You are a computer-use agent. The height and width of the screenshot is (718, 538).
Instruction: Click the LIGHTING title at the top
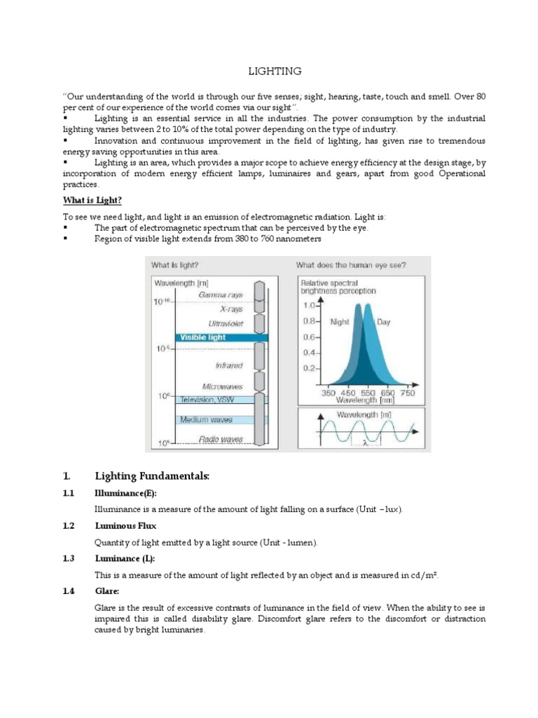point(275,72)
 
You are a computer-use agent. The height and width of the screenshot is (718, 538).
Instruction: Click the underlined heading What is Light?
point(90,200)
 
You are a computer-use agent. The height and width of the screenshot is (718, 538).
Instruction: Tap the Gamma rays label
point(221,295)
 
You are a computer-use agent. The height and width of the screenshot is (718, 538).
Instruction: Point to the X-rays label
point(231,309)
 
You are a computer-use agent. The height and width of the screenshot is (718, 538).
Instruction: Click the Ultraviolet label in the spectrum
point(226,323)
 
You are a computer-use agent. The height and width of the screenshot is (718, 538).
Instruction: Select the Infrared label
point(228,365)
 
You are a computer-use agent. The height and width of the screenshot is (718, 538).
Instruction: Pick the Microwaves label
point(222,386)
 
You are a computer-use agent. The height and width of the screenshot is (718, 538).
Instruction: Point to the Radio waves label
point(221,439)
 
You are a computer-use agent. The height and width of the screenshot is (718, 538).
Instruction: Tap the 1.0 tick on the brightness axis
point(309,305)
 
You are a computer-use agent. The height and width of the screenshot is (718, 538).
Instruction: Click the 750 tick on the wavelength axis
point(407,393)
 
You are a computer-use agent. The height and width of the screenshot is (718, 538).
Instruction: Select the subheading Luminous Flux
point(125,525)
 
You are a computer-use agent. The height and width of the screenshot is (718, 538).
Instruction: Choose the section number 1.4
point(68,591)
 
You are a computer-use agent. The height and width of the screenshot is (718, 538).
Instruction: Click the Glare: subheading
point(107,591)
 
